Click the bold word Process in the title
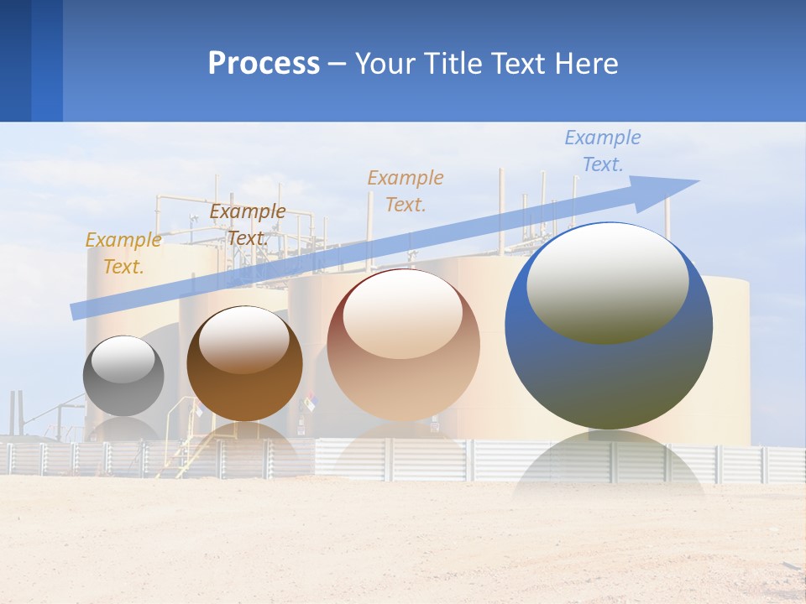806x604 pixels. point(264,64)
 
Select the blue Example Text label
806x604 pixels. point(602,151)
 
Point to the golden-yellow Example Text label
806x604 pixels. point(123,253)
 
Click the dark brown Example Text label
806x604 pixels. point(247,224)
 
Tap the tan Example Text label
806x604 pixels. point(406,190)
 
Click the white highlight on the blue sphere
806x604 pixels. point(607,283)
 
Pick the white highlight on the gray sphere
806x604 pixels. point(123,359)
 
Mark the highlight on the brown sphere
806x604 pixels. point(244,339)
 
